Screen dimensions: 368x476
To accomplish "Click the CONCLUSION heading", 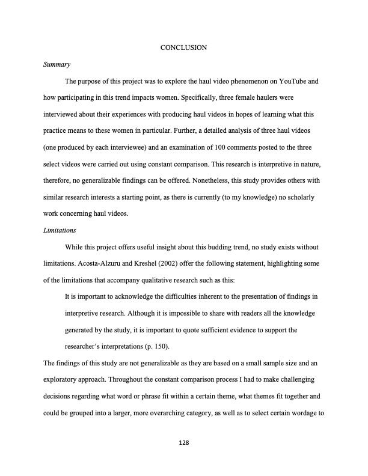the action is point(184,47).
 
